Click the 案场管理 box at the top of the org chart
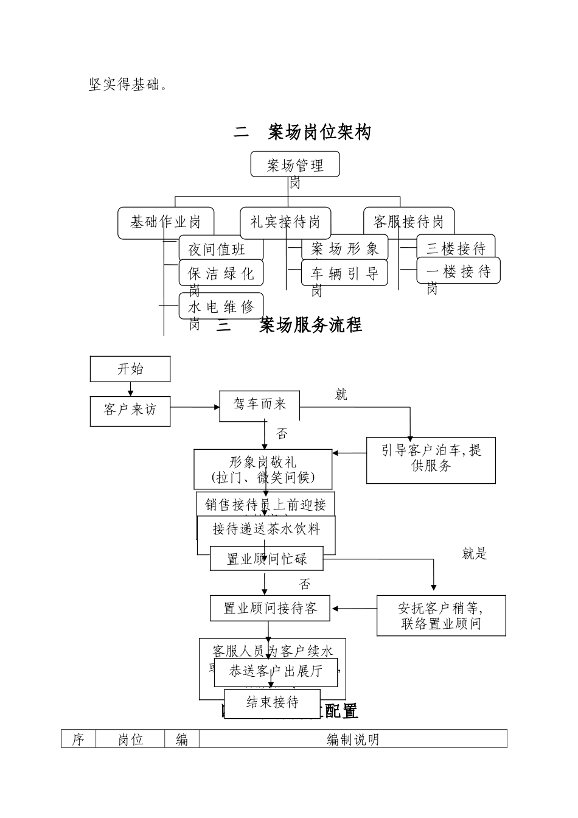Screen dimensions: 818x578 coord(295,164)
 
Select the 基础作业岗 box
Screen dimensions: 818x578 coord(166,222)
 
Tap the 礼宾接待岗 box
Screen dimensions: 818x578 coord(285,222)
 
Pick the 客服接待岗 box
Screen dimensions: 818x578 coord(408,222)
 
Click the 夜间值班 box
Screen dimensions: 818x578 coord(220,249)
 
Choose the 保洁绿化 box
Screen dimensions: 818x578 coord(221,273)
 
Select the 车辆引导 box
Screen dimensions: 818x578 coord(344,273)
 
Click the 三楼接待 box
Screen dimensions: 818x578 coord(456,248)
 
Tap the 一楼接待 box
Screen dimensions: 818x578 coord(458,271)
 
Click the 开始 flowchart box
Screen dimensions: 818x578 coord(130,369)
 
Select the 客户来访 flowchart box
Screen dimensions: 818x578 coord(130,410)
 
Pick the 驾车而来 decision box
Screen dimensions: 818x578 coord(259,404)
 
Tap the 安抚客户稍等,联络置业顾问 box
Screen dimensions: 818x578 coord(441,615)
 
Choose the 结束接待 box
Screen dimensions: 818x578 coord(272,702)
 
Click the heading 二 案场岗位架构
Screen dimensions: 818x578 coord(302,132)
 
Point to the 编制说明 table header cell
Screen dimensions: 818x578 coord(353,739)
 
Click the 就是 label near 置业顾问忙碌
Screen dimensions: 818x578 coord(475,553)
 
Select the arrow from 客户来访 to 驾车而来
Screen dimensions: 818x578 coord(195,407)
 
